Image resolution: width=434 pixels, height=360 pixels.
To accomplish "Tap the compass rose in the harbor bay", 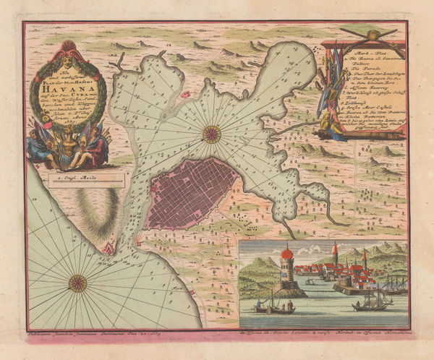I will point(211,132).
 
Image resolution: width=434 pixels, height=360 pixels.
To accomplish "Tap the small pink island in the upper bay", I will point(185,95).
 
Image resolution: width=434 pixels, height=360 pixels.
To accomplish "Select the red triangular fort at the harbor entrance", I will point(108,247).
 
